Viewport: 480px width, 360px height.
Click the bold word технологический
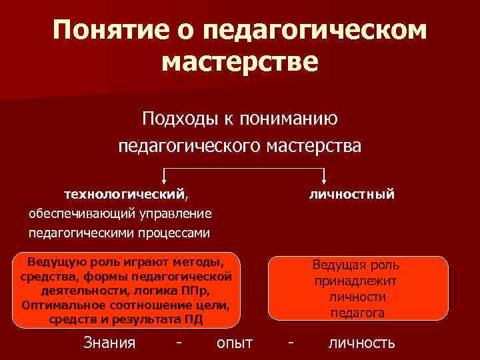(x=124, y=194)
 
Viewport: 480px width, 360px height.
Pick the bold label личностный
(x=352, y=194)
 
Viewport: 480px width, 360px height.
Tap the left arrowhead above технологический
(x=165, y=180)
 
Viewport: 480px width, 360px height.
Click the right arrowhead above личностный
(x=323, y=180)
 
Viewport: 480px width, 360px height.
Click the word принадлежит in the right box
(x=356, y=281)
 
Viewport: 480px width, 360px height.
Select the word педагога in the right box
(x=357, y=312)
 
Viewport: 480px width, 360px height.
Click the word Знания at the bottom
(x=109, y=343)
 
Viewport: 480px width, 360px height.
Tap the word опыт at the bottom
(x=235, y=343)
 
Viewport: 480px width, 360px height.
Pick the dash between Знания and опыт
(x=177, y=343)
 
